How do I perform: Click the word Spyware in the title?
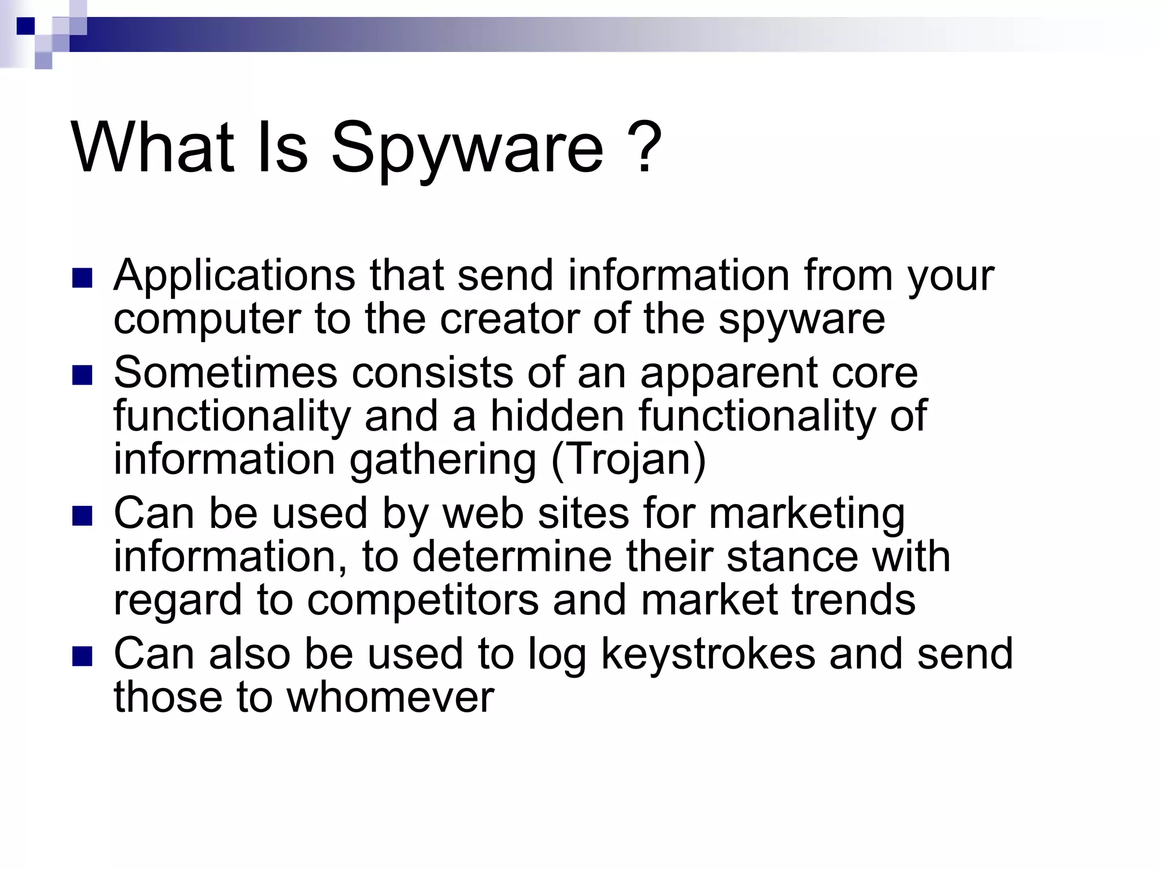pyautogui.click(x=467, y=148)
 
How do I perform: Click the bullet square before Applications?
pyautogui.click(x=83, y=278)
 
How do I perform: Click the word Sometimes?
pyautogui.click(x=225, y=373)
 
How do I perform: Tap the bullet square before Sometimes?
pyautogui.click(x=83, y=375)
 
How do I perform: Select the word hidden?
pyautogui.click(x=557, y=416)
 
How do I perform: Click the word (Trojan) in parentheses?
pyautogui.click(x=629, y=459)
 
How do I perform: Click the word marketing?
pyautogui.click(x=806, y=514)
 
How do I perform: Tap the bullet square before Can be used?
pyautogui.click(x=83, y=516)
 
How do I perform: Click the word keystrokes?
pyautogui.click(x=708, y=655)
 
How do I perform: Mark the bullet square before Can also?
pyautogui.click(x=83, y=657)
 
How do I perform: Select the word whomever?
pyautogui.click(x=390, y=697)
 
